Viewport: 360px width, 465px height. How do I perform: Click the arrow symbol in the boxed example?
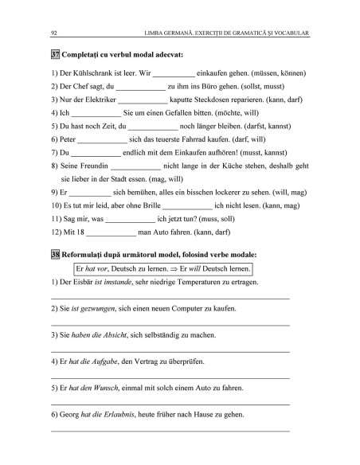(x=179, y=268)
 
